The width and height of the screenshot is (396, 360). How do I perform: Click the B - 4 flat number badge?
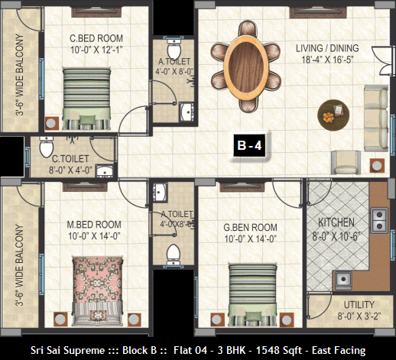tap(249, 145)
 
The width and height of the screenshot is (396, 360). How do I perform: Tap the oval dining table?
tap(246, 66)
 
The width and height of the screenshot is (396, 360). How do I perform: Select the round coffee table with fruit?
tap(333, 115)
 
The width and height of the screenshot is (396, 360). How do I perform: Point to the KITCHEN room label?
tap(336, 222)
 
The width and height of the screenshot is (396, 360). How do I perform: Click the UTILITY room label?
tap(359, 305)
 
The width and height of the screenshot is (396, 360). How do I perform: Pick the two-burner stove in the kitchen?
tap(379, 220)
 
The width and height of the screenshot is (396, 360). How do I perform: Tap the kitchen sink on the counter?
tap(343, 280)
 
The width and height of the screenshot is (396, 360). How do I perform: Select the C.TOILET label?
tap(70, 159)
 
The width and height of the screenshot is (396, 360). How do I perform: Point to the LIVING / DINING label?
tap(327, 48)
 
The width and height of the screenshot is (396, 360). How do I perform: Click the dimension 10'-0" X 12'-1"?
tap(96, 50)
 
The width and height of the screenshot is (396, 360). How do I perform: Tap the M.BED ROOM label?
tap(94, 225)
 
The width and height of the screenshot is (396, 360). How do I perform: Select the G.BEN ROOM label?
tap(250, 227)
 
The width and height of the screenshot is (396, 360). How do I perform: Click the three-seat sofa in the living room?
tap(376, 118)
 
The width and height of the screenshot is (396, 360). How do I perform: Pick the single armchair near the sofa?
tap(346, 162)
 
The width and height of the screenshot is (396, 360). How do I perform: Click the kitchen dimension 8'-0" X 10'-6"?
tap(336, 237)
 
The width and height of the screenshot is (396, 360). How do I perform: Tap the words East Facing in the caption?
tap(339, 350)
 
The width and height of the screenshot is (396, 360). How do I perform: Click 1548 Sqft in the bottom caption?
tap(279, 350)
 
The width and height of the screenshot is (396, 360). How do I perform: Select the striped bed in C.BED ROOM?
tap(87, 99)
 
